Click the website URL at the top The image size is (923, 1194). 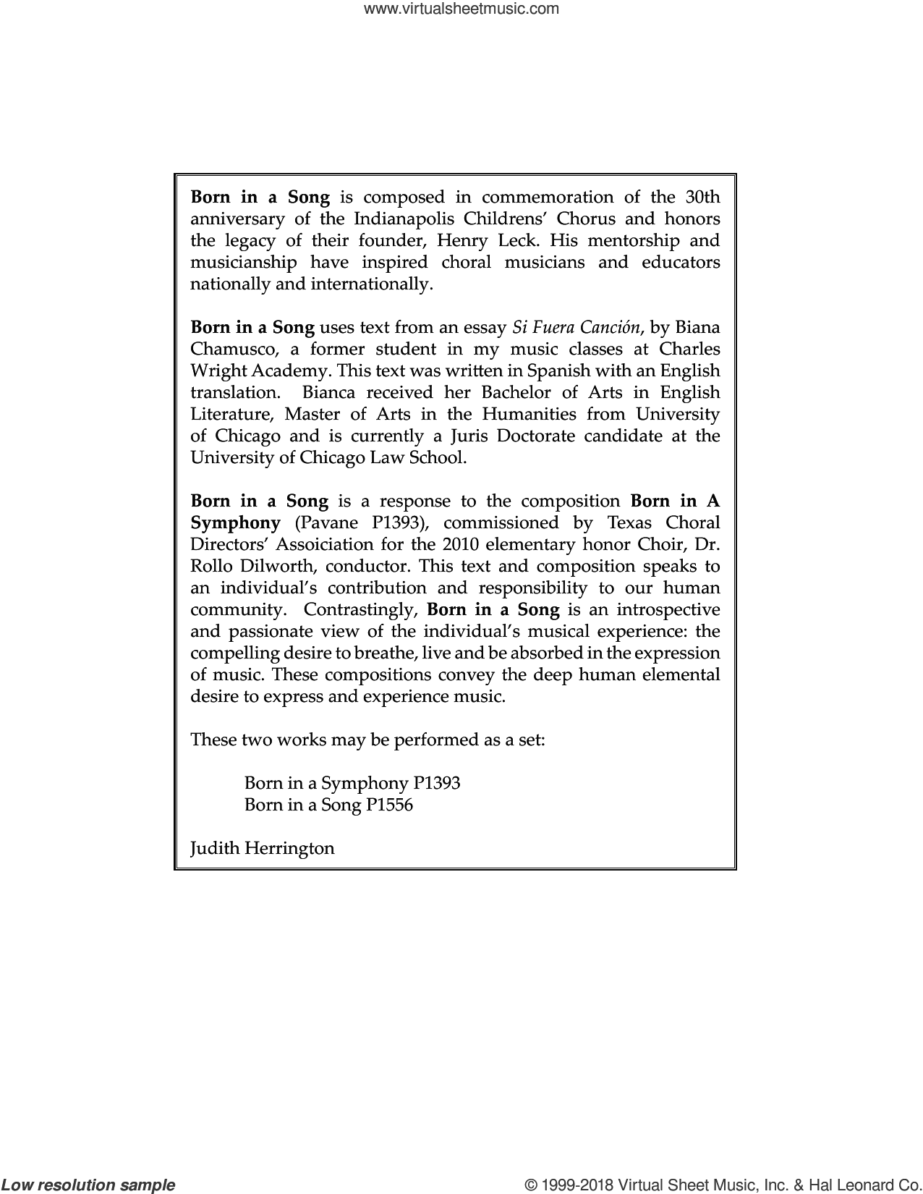pyautogui.click(x=461, y=9)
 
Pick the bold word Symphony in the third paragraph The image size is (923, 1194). pyautogui.click(x=235, y=522)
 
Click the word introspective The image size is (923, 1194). pyautogui.click(x=661, y=609)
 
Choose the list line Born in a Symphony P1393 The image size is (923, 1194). pyautogui.click(x=352, y=783)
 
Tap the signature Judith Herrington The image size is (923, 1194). pyautogui.click(x=262, y=848)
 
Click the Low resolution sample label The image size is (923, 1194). pyautogui.click(x=88, y=1185)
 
